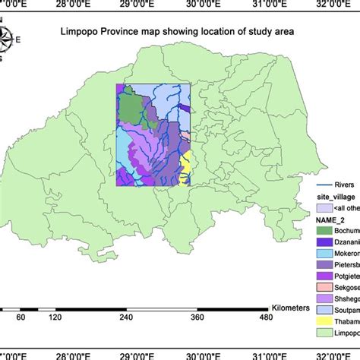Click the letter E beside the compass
(x=18, y=40)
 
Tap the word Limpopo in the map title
(x=82, y=33)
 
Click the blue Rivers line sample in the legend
(x=326, y=183)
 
